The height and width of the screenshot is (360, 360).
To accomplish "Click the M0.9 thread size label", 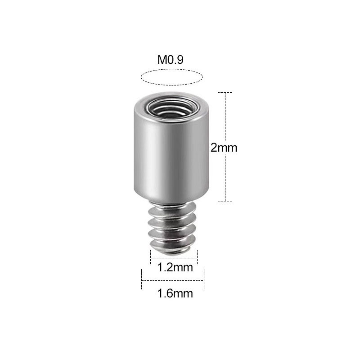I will pos(170,60).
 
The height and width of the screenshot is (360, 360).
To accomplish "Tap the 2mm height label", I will pos(224,147).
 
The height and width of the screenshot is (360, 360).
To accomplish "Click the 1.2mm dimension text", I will pos(175,268).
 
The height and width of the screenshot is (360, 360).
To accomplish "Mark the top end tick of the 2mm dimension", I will pos(225,92).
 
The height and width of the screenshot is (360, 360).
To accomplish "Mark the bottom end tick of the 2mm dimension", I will pos(225,202).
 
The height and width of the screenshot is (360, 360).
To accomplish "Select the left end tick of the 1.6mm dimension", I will pos(142,279).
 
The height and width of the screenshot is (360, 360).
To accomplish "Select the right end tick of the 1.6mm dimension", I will pos(204,279).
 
